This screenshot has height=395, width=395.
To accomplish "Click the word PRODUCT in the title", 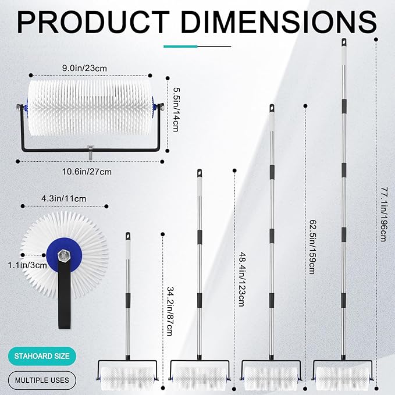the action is pyautogui.click(x=93, y=22).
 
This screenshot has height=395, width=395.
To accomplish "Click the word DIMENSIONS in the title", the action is pyautogui.click(x=279, y=22).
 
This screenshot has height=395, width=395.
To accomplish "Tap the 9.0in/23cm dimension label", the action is pyautogui.click(x=84, y=68).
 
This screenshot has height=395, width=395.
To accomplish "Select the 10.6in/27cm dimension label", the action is pyautogui.click(x=87, y=172).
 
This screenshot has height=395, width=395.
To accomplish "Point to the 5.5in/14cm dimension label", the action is pyautogui.click(x=176, y=109).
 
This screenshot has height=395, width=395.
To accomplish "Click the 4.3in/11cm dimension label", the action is pyautogui.click(x=64, y=199).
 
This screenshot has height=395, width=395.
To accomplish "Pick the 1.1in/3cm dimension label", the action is pyautogui.click(x=27, y=265).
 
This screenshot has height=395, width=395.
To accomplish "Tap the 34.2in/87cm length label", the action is pyautogui.click(x=170, y=311).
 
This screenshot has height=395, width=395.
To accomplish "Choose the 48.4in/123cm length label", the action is pyautogui.click(x=241, y=279).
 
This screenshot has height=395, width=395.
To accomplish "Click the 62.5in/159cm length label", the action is pyautogui.click(x=312, y=247).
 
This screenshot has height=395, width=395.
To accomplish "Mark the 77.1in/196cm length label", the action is pyautogui.click(x=383, y=214).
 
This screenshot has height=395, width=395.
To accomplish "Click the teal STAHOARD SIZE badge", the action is pyautogui.click(x=42, y=356).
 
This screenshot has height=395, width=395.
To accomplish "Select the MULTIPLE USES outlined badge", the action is pyautogui.click(x=42, y=380).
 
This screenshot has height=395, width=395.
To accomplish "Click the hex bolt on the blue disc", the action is pyautogui.click(x=64, y=255).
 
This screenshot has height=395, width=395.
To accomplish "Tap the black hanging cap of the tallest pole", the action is pyautogui.click(x=344, y=42).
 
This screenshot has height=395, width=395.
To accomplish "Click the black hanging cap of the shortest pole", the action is pyautogui.click(x=128, y=236).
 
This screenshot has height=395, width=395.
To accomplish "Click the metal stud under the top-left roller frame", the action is pyautogui.click(x=90, y=152).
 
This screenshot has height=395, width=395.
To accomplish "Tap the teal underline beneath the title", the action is pyautogui.click(x=180, y=47).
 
